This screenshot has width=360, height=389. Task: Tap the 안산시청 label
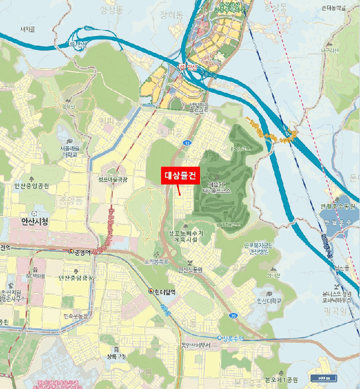(x=34, y=221)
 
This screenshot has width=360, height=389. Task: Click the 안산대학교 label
(x=269, y=301)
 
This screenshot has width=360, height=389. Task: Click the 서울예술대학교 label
(x=71, y=152)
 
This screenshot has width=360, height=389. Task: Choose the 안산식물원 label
(x=191, y=270)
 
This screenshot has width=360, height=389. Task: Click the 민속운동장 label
(x=76, y=316)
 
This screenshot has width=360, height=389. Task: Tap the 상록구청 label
(x=116, y=356)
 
